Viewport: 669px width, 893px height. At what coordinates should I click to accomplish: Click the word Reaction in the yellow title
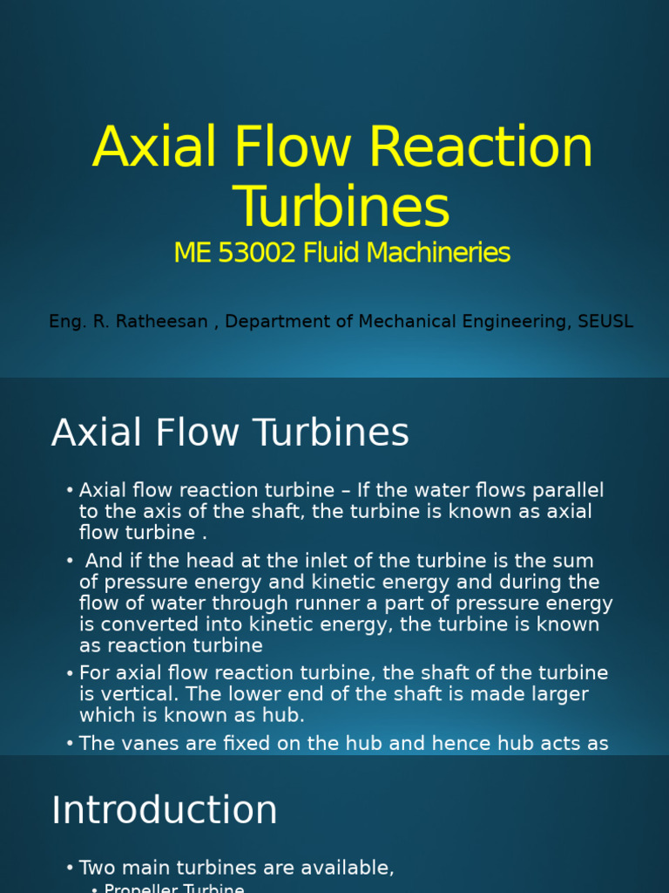481,147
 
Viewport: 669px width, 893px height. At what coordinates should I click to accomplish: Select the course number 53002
257,253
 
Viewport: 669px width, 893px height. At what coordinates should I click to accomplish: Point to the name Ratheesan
161,321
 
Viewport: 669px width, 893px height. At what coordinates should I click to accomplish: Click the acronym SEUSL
605,321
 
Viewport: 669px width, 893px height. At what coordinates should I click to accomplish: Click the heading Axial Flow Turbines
230,433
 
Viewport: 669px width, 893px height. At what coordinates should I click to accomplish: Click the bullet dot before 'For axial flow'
70,673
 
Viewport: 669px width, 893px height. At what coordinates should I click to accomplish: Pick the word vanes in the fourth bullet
150,743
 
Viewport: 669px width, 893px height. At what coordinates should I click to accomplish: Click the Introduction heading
165,810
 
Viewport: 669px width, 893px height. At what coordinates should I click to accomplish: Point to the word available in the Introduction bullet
351,869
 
